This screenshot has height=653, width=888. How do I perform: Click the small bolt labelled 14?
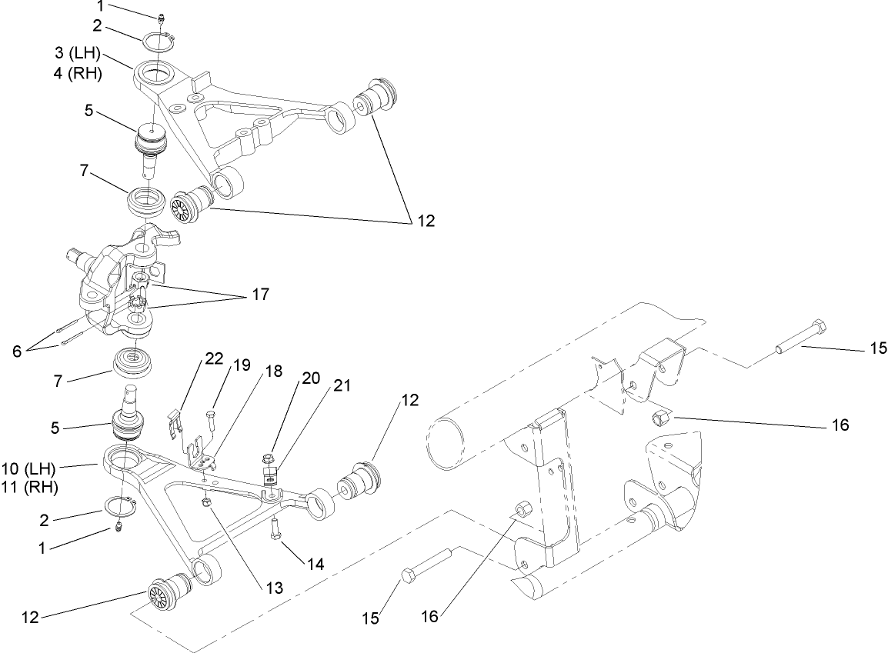coord(275,531)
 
